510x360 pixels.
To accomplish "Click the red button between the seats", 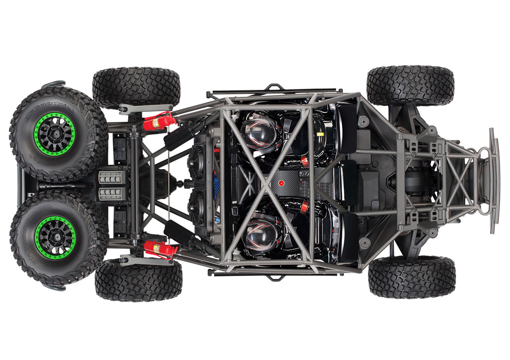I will tap(281, 183).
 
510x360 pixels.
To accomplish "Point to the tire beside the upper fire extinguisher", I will tap(136, 87).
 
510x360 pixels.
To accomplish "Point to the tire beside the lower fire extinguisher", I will tap(139, 280).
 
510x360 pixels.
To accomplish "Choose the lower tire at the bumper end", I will tap(412, 277).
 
